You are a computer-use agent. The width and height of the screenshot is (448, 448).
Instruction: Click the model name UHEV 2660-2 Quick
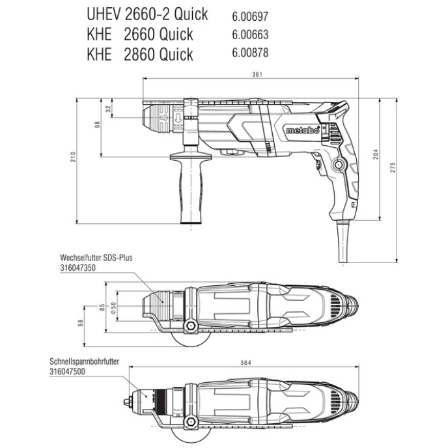coord(147,14)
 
